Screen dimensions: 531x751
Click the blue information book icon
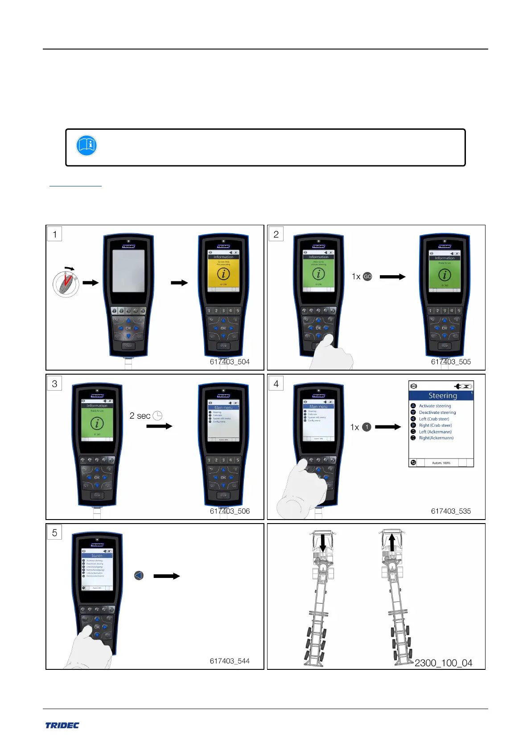click(86, 145)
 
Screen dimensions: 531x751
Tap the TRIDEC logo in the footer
click(62, 725)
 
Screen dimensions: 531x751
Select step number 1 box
click(54, 234)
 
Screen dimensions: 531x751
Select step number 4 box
click(276, 384)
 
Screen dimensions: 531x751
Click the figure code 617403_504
click(230, 362)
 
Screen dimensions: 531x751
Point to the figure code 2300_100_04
click(443, 663)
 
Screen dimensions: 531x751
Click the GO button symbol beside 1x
click(367, 276)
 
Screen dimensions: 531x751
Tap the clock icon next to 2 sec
click(157, 416)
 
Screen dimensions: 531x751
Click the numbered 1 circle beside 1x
click(366, 427)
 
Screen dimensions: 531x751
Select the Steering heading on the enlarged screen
click(442, 396)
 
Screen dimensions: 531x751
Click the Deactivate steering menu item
click(437, 413)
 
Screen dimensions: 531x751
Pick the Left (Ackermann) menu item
click(435, 432)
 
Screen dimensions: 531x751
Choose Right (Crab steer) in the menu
click(435, 425)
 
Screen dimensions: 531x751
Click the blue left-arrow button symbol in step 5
click(139, 576)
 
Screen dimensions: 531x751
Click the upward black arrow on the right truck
click(392, 543)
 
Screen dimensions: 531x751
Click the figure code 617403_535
click(451, 511)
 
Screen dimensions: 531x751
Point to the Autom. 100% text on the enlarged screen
click(441, 463)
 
